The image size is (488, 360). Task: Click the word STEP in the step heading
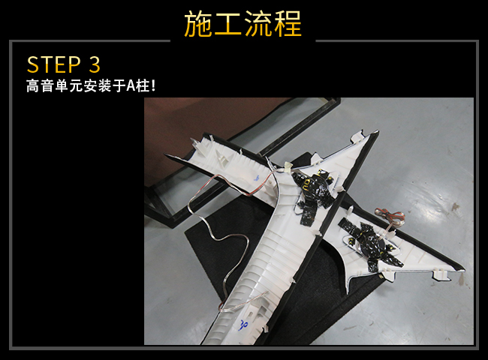click(54, 64)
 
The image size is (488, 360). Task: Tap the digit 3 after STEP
click(95, 64)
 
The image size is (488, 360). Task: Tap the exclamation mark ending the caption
click(152, 85)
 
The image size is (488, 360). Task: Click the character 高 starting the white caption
click(33, 85)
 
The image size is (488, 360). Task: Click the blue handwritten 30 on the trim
click(243, 325)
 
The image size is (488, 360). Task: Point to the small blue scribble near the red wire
click(257, 178)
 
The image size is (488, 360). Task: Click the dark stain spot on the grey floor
click(456, 206)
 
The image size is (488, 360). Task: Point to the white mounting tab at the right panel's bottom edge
click(440, 274)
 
